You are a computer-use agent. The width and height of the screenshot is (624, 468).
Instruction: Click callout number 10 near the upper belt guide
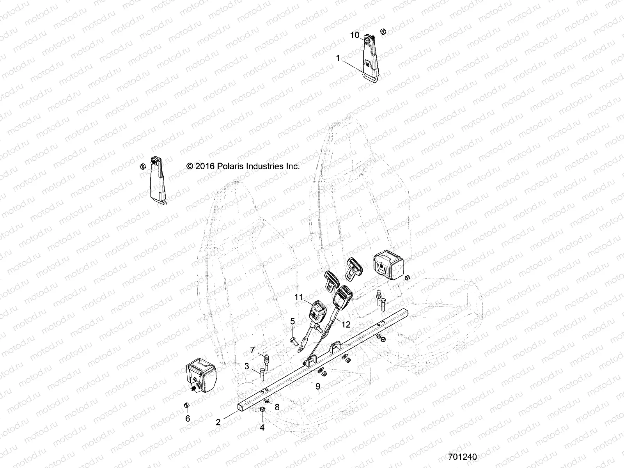355,35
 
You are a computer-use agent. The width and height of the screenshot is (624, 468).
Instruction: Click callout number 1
338,58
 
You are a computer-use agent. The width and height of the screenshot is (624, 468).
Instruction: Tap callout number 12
346,324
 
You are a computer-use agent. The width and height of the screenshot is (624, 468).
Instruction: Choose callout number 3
247,366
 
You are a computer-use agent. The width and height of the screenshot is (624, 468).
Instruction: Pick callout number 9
318,386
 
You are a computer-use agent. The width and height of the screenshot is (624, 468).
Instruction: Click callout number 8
277,407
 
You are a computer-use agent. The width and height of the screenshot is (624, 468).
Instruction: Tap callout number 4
262,428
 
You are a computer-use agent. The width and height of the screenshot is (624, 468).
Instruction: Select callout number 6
188,418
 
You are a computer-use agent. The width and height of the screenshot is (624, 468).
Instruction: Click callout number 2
218,422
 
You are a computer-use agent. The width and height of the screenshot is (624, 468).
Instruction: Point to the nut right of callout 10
383,31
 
